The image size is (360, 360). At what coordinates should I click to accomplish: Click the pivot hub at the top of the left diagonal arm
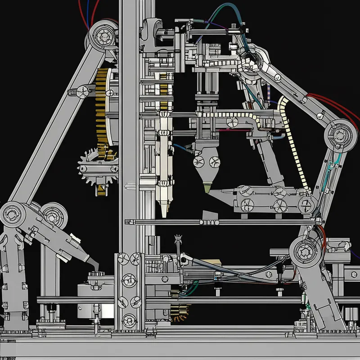tap(102, 36)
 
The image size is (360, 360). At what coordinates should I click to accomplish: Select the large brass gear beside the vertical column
tap(104, 108)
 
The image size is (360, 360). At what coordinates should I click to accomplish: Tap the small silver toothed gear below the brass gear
tap(97, 169)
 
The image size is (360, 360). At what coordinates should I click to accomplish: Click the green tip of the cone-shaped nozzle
tap(207, 188)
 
